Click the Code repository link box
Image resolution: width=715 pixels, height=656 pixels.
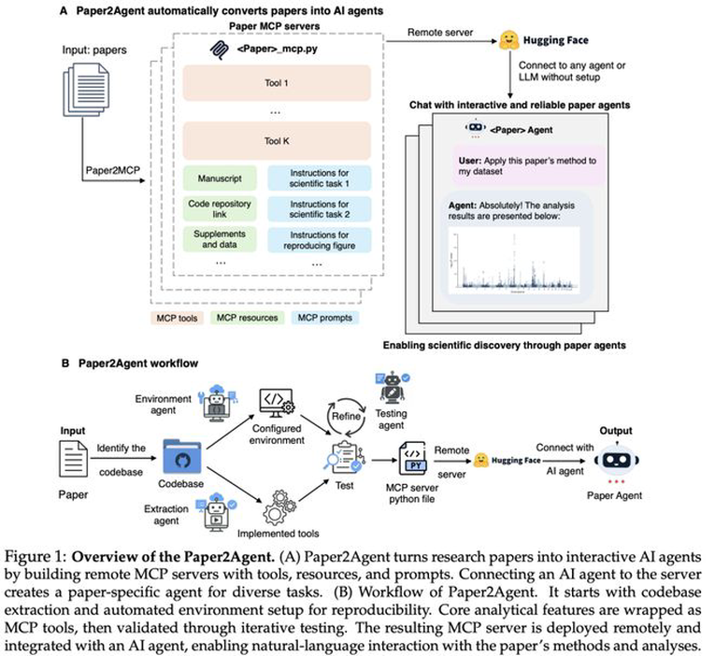point(217,207)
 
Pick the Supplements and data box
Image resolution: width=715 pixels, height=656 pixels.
point(217,238)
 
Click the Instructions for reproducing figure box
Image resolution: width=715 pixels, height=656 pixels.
point(321,238)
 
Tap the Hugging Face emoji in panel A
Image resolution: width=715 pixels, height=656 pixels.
point(510,39)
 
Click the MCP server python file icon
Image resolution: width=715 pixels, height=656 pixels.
point(416,458)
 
